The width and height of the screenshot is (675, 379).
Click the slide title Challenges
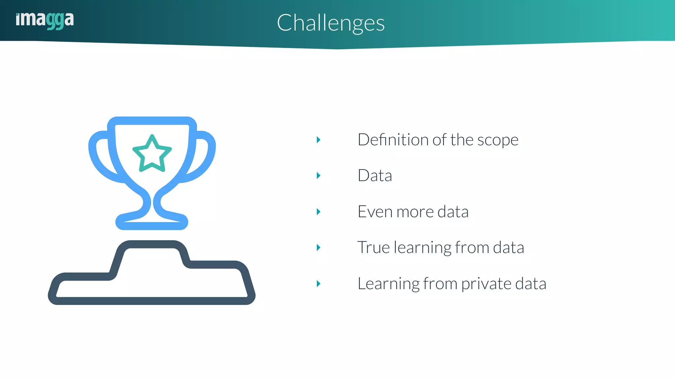[331, 23]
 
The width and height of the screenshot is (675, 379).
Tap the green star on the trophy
[152, 154]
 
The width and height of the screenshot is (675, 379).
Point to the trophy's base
[152, 222]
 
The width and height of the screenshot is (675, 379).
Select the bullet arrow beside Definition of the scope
[318, 140]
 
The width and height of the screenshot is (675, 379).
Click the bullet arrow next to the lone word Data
[318, 176]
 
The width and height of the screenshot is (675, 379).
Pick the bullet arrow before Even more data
[318, 212]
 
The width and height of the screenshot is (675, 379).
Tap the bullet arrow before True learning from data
[318, 247]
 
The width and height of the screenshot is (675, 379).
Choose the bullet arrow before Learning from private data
[318, 284]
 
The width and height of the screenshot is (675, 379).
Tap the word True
[373, 247]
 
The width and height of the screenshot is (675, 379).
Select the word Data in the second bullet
[375, 176]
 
